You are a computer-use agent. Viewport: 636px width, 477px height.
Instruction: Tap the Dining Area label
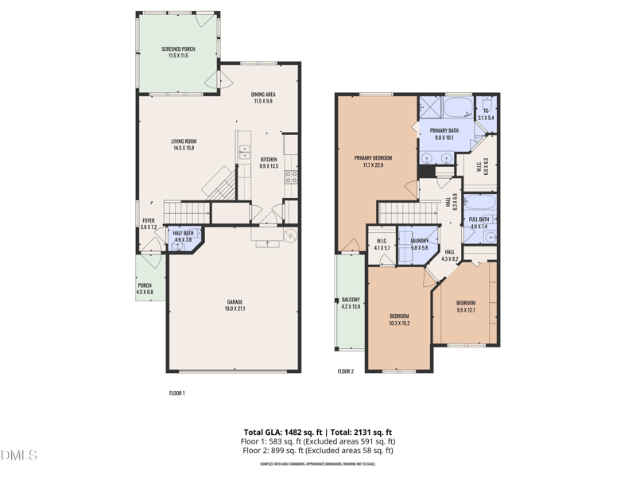(262, 97)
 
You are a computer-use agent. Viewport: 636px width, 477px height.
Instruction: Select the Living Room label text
(183, 145)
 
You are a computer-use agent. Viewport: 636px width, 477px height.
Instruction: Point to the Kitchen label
(270, 163)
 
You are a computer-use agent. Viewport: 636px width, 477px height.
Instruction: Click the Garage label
(235, 305)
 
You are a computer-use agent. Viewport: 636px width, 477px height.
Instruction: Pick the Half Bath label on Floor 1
(183, 236)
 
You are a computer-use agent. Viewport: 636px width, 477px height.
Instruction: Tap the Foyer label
(149, 223)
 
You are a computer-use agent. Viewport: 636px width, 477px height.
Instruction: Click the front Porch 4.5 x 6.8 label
(145, 289)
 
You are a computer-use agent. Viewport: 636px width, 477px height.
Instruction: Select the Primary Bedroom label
(373, 161)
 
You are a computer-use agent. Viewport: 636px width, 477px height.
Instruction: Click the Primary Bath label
(444, 134)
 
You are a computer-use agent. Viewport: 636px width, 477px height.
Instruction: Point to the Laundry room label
(420, 244)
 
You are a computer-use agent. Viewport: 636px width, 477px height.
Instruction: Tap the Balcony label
(351, 303)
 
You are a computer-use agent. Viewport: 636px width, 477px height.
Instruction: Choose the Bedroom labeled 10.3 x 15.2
(399, 320)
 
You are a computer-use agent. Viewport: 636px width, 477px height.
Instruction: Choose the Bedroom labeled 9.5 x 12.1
(466, 306)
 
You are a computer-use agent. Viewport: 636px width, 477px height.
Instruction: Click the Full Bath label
(479, 223)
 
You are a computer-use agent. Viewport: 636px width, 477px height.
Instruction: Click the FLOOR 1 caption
(177, 394)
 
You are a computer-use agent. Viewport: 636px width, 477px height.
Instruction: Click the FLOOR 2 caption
(346, 371)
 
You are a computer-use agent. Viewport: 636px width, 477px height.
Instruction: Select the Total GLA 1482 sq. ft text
(277, 432)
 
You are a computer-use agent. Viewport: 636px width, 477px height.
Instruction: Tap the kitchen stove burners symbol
(291, 177)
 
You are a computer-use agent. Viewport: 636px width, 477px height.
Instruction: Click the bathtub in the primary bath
(457, 108)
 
